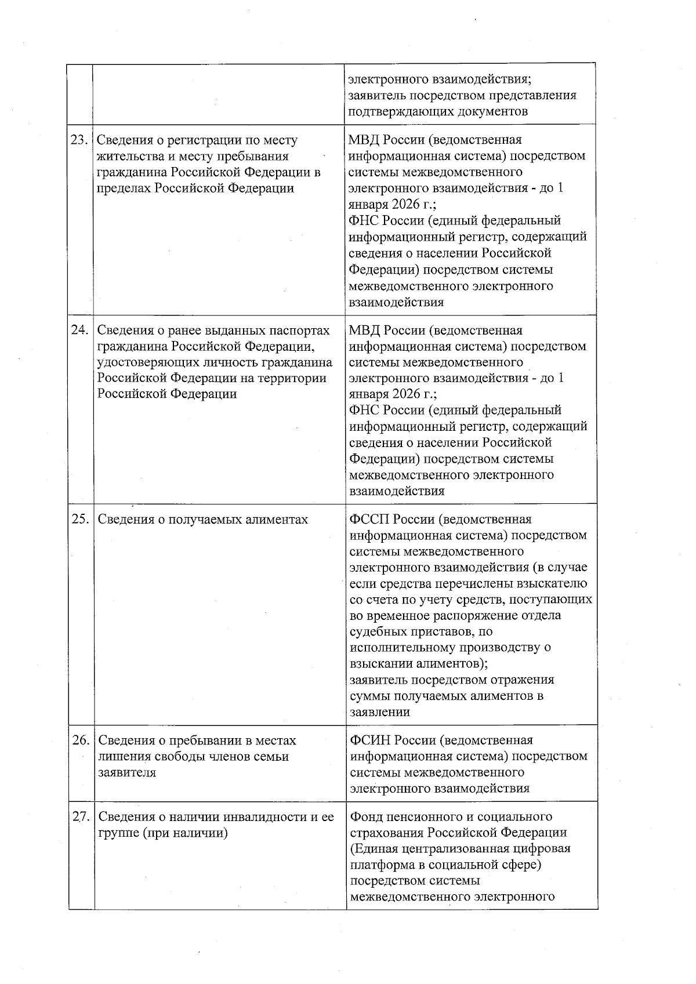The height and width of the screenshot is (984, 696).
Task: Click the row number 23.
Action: point(79,140)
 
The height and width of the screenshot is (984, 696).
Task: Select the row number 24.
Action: point(79,330)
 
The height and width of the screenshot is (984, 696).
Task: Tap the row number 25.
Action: point(80,519)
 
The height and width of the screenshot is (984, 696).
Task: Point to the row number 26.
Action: point(81,740)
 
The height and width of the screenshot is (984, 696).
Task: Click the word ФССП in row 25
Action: point(368,519)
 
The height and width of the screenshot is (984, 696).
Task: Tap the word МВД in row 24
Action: point(364,331)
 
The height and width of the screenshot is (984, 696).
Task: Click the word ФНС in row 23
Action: point(364,221)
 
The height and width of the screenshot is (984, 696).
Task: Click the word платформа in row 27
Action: point(380,865)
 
